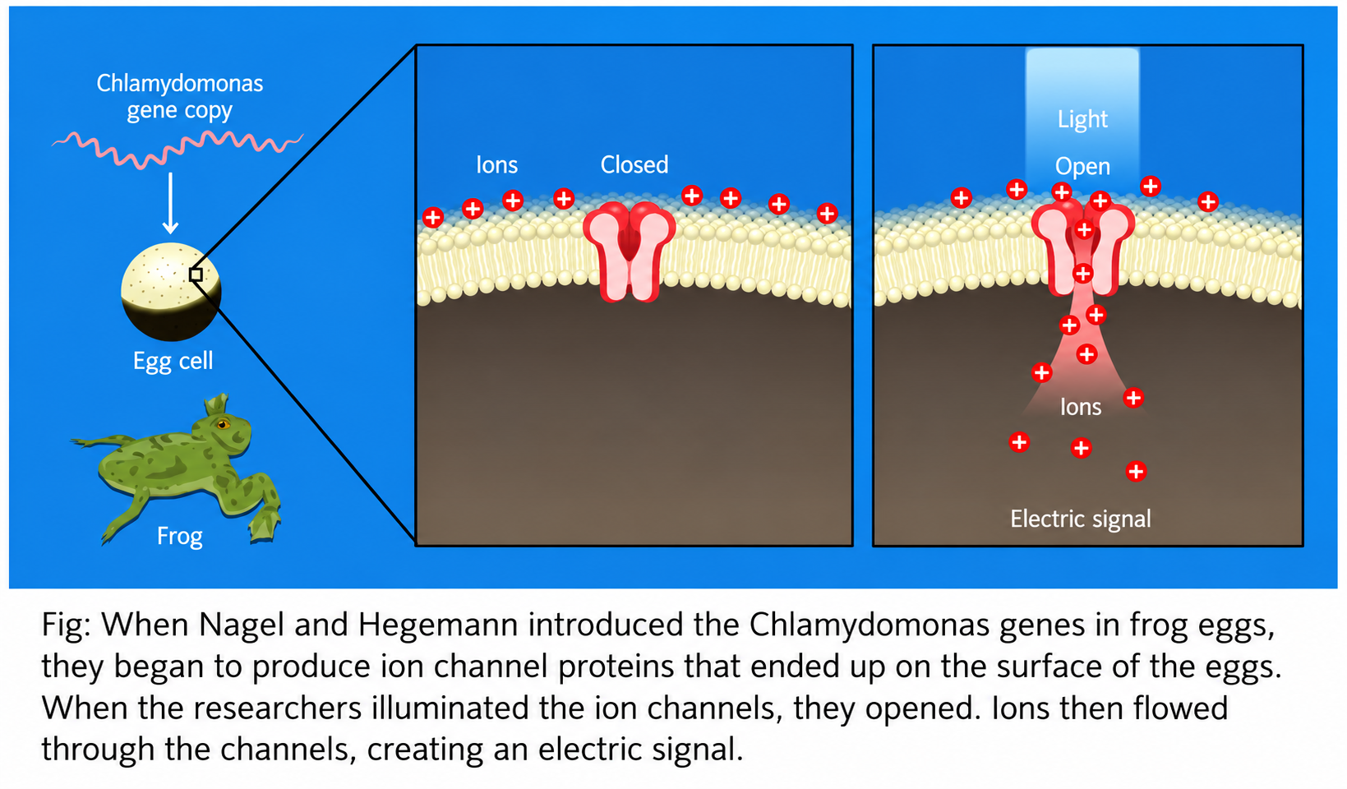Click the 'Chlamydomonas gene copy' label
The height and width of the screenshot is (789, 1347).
tap(180, 96)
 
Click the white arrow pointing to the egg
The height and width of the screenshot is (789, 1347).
tap(171, 203)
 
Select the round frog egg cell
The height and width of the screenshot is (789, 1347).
tap(172, 292)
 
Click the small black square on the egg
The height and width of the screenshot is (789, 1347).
tap(196, 275)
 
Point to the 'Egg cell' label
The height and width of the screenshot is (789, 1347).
tap(173, 361)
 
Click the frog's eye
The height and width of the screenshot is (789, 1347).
tap(223, 425)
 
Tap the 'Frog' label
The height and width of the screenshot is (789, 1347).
tap(180, 536)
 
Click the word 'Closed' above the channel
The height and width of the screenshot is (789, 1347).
tap(634, 164)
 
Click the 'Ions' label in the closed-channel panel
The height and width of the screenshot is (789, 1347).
tap(496, 164)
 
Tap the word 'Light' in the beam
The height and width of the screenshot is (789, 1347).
tap(1082, 119)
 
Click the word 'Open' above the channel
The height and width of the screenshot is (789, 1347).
tap(1082, 167)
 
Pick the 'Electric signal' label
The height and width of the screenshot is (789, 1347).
tap(1081, 519)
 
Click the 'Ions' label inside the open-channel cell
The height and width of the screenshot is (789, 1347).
tap(1081, 407)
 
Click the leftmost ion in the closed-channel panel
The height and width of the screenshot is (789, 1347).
tap(433, 217)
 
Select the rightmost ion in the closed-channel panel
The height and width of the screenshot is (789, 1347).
tap(828, 213)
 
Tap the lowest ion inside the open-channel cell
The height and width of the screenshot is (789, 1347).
tap(1136, 472)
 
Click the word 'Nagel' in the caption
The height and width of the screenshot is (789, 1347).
tap(241, 625)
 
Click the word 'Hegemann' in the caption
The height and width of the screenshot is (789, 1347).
tap(438, 626)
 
